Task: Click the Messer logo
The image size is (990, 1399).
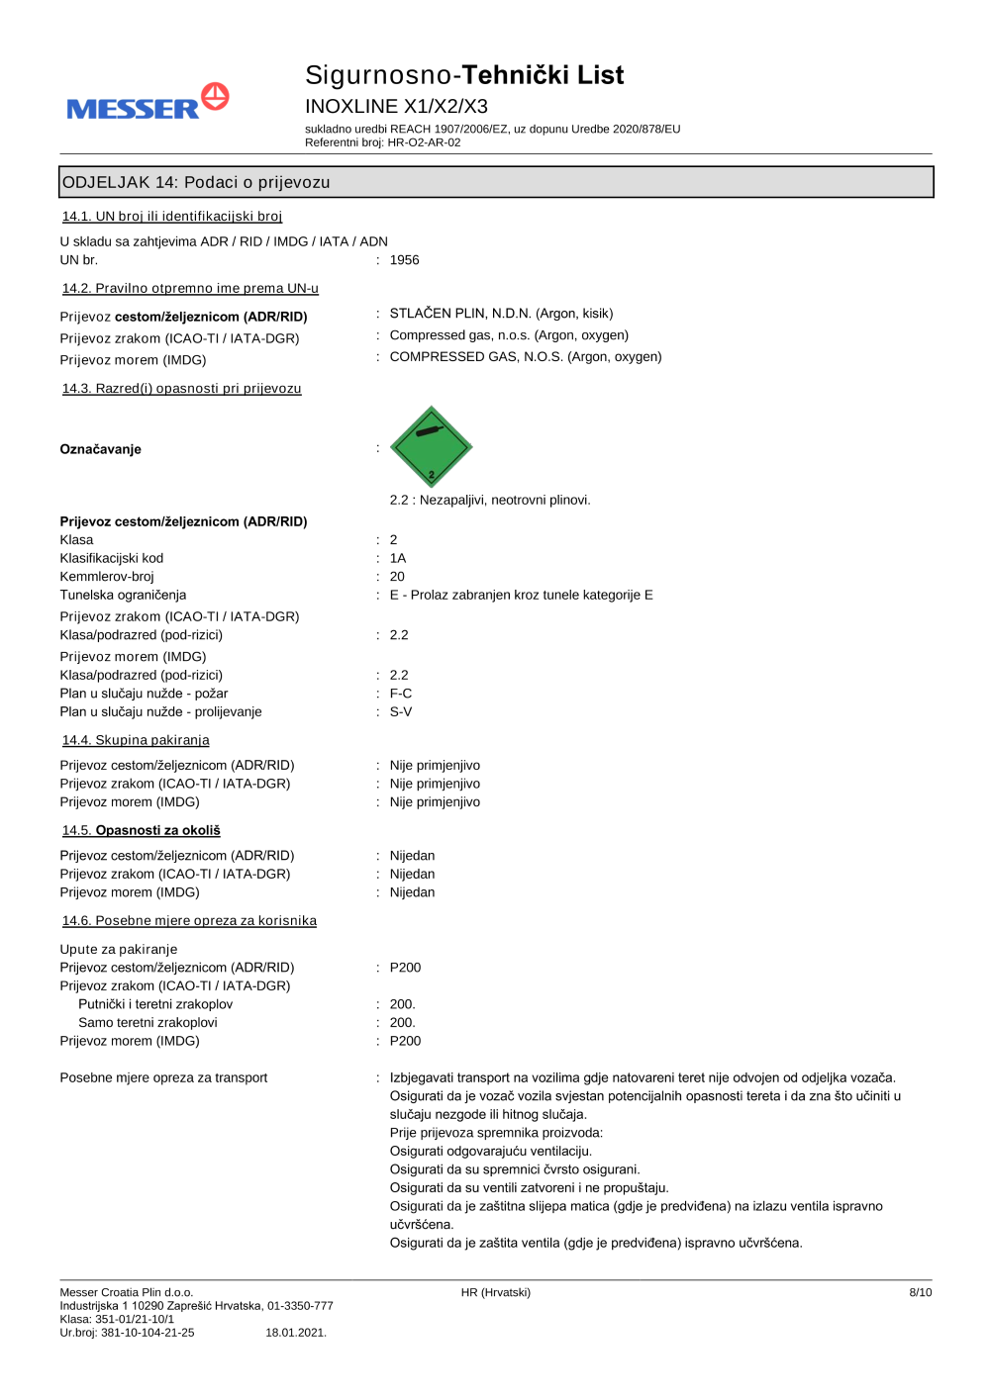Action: point(148,103)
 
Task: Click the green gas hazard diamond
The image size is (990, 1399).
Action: point(431,447)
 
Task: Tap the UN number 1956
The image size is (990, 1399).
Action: point(404,260)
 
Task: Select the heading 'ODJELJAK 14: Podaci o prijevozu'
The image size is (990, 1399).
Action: point(197,182)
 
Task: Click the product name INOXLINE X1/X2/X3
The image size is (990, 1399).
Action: point(396,106)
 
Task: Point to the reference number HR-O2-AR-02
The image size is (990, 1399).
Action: point(424,142)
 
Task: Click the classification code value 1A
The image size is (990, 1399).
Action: point(398,558)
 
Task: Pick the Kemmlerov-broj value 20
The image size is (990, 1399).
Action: point(397,577)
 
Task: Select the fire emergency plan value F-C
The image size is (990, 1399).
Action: point(401,694)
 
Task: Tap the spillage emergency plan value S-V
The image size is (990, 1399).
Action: point(401,712)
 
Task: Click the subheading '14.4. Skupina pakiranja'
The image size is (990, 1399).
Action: point(136,740)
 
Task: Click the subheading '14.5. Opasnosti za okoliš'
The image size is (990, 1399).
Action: point(142,830)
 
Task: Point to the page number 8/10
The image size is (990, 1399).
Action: point(920,1292)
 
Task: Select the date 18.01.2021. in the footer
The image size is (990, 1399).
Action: point(296,1333)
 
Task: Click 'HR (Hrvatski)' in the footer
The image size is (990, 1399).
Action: point(495,1292)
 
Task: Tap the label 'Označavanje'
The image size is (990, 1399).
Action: point(101,449)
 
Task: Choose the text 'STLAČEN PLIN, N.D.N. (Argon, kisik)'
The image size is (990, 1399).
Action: point(501,314)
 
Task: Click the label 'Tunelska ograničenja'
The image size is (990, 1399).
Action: point(123,595)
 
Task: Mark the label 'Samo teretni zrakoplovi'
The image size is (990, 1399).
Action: point(148,1023)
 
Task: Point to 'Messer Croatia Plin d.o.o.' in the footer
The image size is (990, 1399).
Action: point(127,1292)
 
